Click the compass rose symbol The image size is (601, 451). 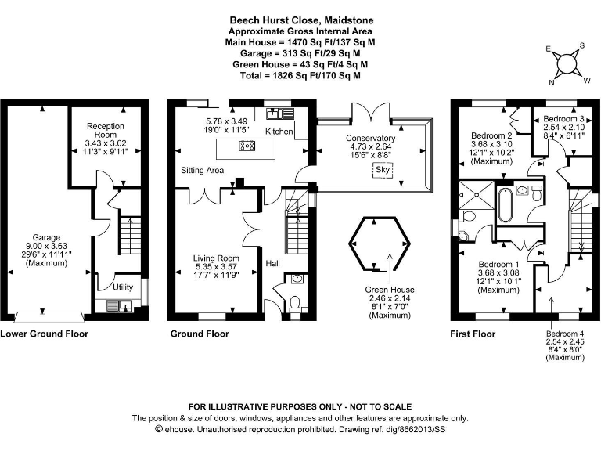coord(569,63)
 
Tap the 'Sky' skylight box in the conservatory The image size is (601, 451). coord(383,170)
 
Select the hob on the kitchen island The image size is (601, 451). coord(247,145)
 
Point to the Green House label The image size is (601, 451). coord(389,290)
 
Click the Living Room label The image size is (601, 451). coord(217,258)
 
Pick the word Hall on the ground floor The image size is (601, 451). coord(273,263)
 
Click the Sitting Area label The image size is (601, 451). coord(203,170)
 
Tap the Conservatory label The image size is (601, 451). coord(371,139)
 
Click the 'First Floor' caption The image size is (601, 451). coord(472,334)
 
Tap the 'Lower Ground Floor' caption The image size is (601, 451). coord(44,334)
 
